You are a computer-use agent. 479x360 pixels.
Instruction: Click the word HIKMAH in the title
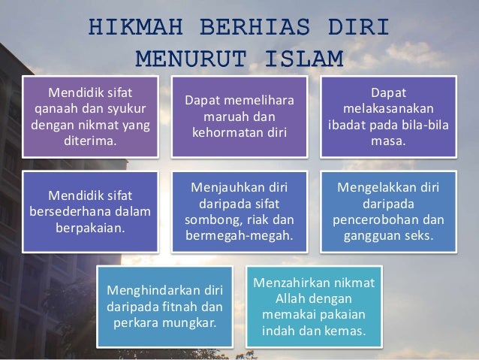[128, 27]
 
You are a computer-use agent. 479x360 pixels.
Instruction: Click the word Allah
[285, 299]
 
